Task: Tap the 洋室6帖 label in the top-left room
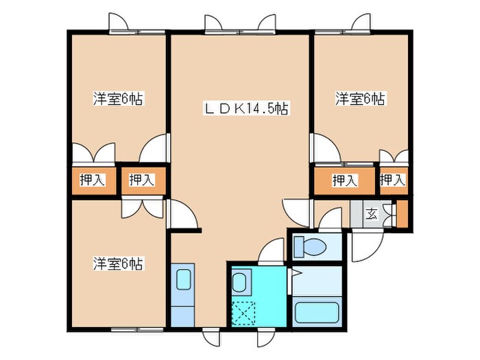tap(118, 99)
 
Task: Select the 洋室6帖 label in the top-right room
tap(360, 99)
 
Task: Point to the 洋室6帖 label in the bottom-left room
tap(118, 263)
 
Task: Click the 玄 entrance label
tap(371, 213)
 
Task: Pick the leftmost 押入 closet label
tap(92, 180)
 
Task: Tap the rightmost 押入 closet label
tap(392, 180)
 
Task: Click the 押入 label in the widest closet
tap(344, 180)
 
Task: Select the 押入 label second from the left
tap(142, 180)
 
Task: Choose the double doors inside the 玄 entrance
tap(389, 211)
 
